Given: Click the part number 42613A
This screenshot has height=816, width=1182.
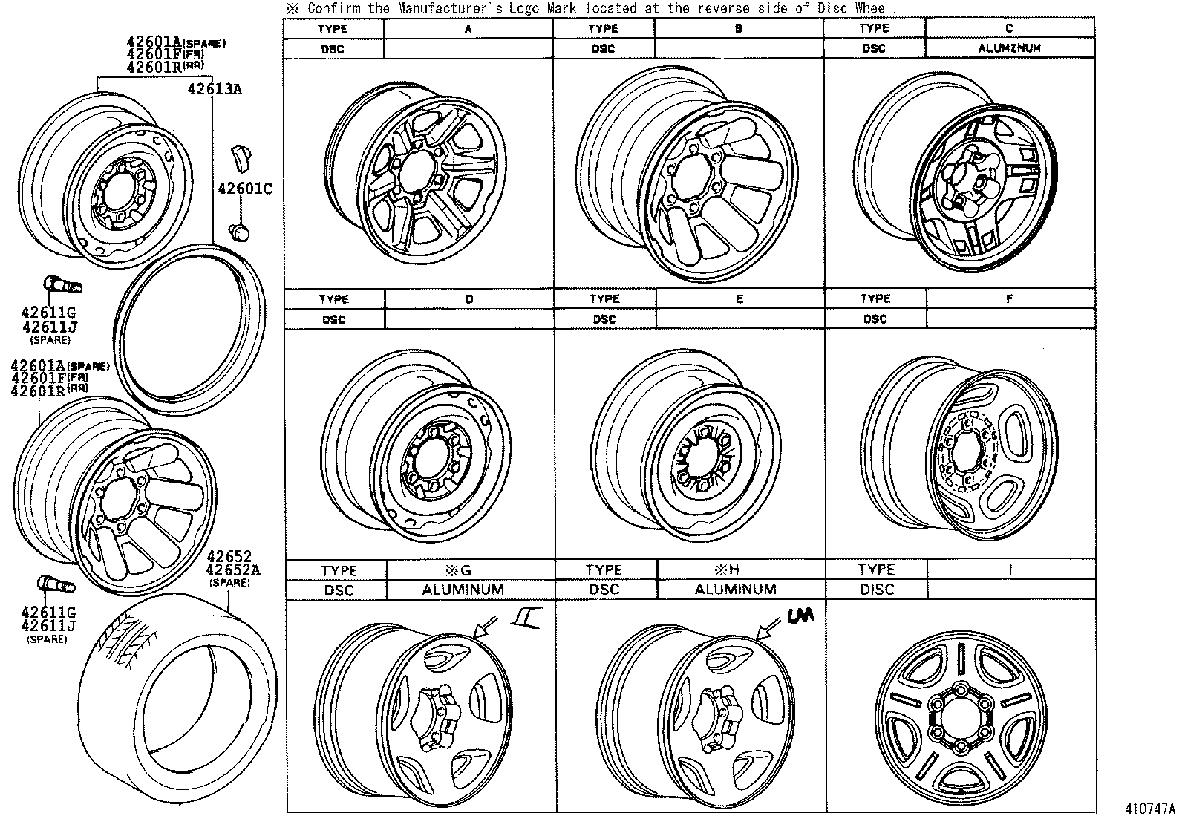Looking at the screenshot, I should click(214, 89).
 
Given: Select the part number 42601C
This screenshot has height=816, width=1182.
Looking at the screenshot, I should click(244, 189).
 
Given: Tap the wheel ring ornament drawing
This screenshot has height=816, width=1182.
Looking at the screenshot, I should click(190, 328).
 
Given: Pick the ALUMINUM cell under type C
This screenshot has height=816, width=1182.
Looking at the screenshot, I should click(1009, 48).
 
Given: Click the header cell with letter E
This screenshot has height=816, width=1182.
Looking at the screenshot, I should click(739, 298).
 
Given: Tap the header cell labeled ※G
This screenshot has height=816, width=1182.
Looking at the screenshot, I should click(458, 570).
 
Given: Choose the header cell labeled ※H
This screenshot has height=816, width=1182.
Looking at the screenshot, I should click(728, 570).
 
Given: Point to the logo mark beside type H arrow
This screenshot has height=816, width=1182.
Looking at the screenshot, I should click(800, 616).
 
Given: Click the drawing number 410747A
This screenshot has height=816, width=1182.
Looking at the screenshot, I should click(1149, 807).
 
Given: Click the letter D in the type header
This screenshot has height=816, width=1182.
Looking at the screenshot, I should click(469, 298).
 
